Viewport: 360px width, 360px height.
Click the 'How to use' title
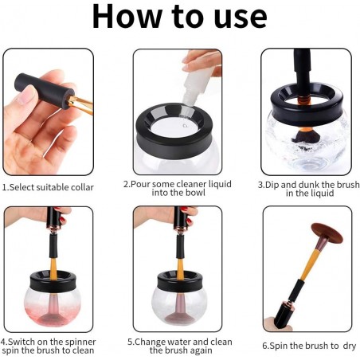tap(179, 17)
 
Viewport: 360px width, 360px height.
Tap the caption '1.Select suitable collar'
tap(48, 187)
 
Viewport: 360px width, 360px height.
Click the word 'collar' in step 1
tap(82, 187)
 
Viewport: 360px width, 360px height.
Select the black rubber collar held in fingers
tap(44, 90)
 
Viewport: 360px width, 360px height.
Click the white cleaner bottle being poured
tap(198, 85)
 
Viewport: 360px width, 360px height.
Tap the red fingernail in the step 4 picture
tap(62, 220)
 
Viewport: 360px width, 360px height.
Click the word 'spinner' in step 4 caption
tap(80, 342)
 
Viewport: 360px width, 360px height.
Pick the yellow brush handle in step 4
tap(53, 268)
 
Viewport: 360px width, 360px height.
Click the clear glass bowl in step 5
tap(179, 307)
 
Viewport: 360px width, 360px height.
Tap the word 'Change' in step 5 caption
tap(150, 342)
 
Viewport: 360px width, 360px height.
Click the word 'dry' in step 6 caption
tap(349, 346)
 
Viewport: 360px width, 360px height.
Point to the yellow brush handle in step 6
tap(309, 264)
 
